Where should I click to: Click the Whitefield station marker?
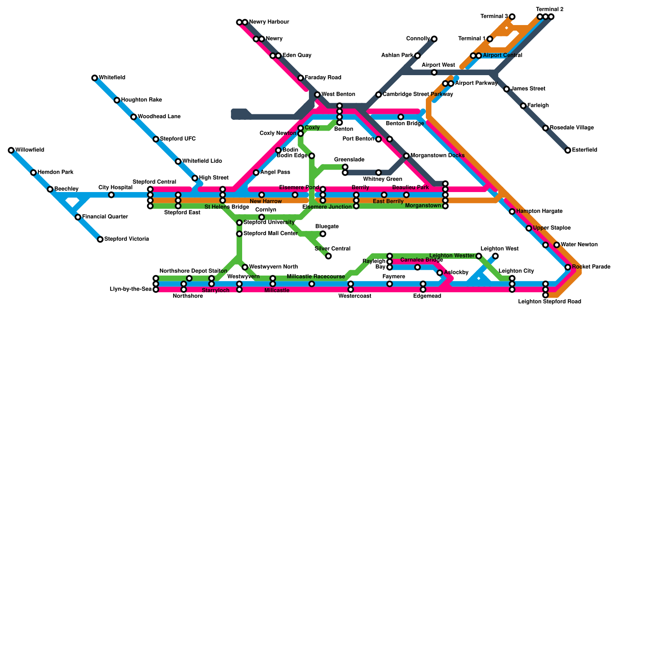(95, 78)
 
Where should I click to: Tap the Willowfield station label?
(30, 150)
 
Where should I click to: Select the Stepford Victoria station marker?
(100, 239)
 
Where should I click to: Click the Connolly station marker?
(434, 39)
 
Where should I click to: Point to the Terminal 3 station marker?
(512, 17)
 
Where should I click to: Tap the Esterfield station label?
(584, 150)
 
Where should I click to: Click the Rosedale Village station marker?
(546, 128)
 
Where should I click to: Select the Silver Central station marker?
(329, 256)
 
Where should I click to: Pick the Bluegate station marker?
(323, 234)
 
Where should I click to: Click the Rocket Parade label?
(591, 267)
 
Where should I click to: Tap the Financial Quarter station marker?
(78, 217)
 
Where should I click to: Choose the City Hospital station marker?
(111, 195)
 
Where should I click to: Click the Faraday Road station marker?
(301, 78)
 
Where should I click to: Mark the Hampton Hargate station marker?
(512, 212)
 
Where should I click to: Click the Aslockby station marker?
(440, 273)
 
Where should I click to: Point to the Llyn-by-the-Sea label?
(130, 289)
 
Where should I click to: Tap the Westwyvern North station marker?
(245, 267)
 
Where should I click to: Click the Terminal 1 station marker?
(490, 39)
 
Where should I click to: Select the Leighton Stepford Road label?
(549, 301)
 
